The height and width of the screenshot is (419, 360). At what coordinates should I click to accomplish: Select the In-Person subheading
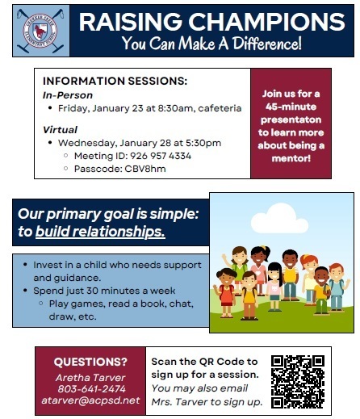(x=68, y=94)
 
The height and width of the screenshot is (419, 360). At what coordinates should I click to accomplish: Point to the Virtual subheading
(x=60, y=129)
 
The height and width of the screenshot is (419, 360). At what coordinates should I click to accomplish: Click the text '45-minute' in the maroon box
(x=291, y=107)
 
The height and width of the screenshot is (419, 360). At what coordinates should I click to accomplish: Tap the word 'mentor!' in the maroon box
(x=291, y=157)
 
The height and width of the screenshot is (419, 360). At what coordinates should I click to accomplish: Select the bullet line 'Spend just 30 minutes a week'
(x=110, y=289)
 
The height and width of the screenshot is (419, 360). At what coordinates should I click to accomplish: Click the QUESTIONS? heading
(x=90, y=361)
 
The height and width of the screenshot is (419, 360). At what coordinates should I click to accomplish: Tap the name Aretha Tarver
(x=90, y=377)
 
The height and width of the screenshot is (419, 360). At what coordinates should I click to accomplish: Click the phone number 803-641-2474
(x=90, y=389)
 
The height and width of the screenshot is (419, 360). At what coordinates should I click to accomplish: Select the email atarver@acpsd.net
(x=90, y=400)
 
